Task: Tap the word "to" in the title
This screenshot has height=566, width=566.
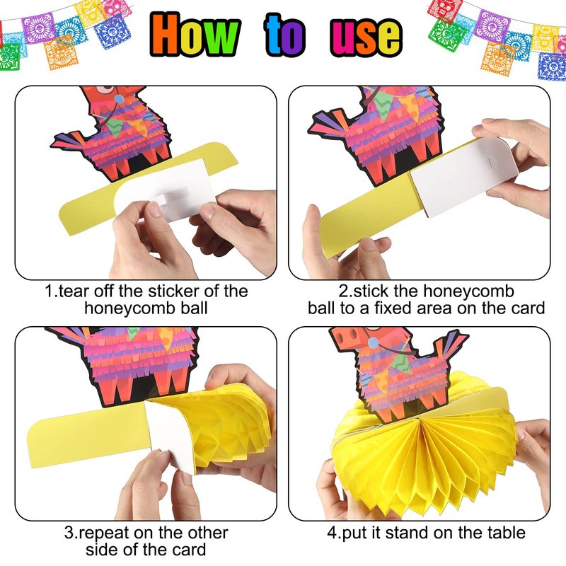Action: tap(285, 35)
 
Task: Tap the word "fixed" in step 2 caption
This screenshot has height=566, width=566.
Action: tap(393, 308)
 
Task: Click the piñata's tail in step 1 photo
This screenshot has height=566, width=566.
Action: tap(69, 139)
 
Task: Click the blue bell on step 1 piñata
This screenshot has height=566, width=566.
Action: tap(119, 98)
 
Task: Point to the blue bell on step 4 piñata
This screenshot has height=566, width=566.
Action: tap(374, 343)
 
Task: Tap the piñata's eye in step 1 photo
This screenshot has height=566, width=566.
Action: tap(105, 89)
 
